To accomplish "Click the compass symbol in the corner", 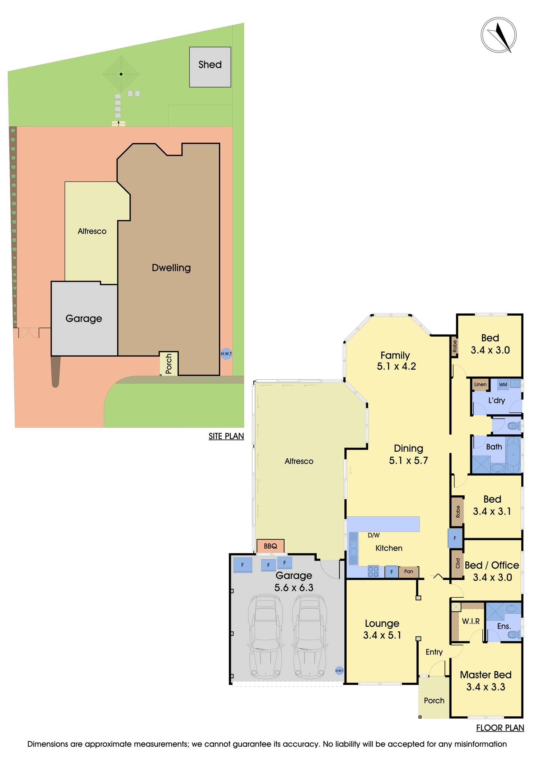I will tap(498, 35).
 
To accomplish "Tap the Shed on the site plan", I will tap(210, 67).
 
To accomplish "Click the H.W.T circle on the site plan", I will tap(226, 354).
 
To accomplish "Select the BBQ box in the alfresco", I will tap(270, 546).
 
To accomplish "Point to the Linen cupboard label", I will tap(480, 384).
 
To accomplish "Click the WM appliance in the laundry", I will tap(503, 384).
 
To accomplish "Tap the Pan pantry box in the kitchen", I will tap(408, 571).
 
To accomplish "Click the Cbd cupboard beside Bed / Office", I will tap(457, 563).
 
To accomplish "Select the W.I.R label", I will tap(471, 622).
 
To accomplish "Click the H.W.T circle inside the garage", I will tap(339, 671).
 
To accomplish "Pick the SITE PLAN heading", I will tap(226, 436).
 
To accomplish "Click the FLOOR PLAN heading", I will tap(500, 728).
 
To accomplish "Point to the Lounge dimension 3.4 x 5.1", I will tap(382, 635).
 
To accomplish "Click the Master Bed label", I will tap(485, 675).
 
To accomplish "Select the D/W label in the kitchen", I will tap(374, 535).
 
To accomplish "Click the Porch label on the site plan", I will tap(169, 364).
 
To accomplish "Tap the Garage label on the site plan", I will tap(84, 318).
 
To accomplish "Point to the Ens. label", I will tap(504, 626).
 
